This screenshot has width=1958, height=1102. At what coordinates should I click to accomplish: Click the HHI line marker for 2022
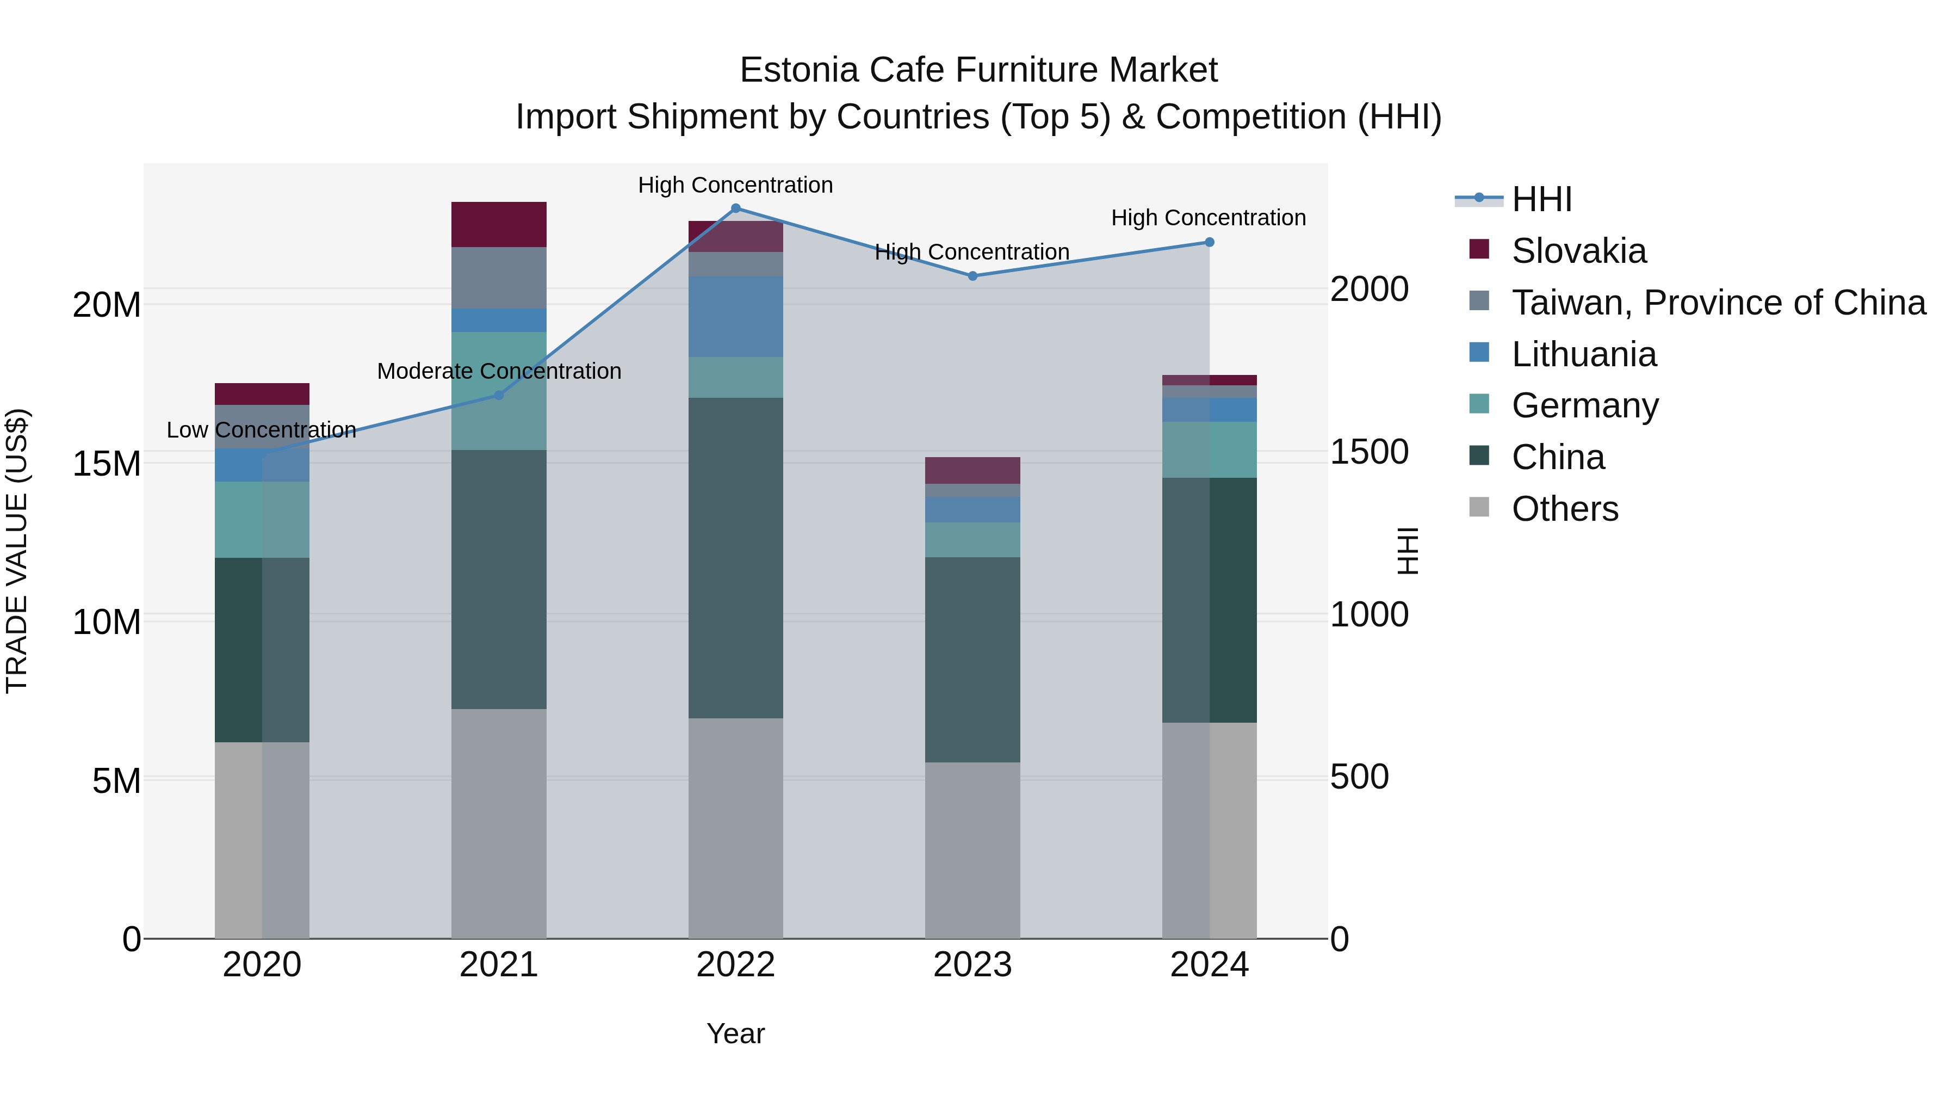click(x=735, y=208)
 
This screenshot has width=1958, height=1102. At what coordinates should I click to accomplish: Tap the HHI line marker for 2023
click(x=972, y=276)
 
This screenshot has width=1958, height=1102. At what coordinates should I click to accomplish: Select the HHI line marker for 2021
click(x=499, y=395)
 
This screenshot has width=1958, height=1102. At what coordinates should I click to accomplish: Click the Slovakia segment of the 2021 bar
click(x=499, y=224)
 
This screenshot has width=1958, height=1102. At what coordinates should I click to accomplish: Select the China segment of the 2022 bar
click(x=735, y=557)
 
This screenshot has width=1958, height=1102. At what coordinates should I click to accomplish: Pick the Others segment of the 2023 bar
click(x=972, y=849)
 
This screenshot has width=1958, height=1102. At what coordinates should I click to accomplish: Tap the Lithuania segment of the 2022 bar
click(x=735, y=316)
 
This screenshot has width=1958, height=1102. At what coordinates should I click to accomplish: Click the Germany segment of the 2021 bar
click(x=499, y=391)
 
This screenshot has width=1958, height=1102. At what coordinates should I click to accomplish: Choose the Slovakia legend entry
click(x=1579, y=251)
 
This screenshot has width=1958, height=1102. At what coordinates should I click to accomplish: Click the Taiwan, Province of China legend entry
click(x=1718, y=303)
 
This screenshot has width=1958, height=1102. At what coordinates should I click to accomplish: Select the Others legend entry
click(x=1564, y=509)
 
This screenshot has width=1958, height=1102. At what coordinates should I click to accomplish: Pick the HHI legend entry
click(x=1541, y=199)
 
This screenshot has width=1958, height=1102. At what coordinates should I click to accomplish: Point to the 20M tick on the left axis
click(x=107, y=305)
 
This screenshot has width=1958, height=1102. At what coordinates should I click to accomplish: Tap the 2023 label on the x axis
click(x=972, y=965)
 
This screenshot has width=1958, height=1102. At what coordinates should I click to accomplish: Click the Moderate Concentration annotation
click(x=499, y=371)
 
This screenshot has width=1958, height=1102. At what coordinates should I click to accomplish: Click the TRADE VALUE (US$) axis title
click(x=17, y=551)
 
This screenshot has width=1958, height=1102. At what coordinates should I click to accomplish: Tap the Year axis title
click(x=735, y=1033)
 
